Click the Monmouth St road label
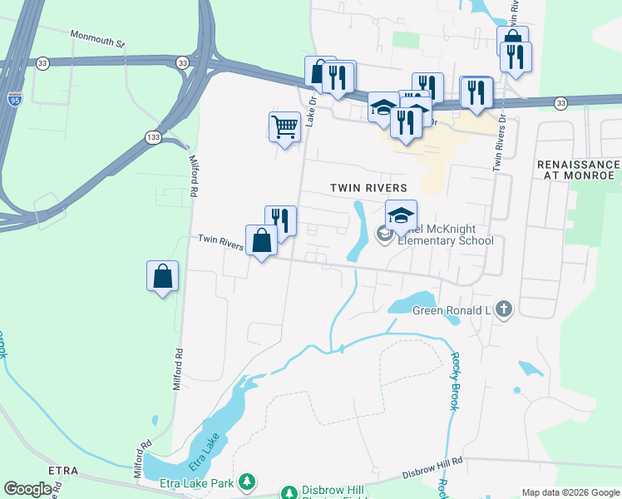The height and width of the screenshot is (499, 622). [x=97, y=37]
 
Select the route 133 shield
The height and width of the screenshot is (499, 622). [x=152, y=137]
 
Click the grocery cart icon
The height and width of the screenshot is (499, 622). [x=284, y=127]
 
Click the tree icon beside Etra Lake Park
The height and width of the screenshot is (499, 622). [x=246, y=481]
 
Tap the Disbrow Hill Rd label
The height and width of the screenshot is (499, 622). [x=432, y=472]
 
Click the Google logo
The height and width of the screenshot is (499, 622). [x=27, y=489]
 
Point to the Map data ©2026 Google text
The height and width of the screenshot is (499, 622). [x=570, y=492]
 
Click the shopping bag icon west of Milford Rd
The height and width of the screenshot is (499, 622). [x=162, y=275]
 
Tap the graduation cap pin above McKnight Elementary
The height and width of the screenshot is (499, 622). [x=401, y=215]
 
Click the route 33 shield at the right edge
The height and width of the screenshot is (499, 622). [x=561, y=102]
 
